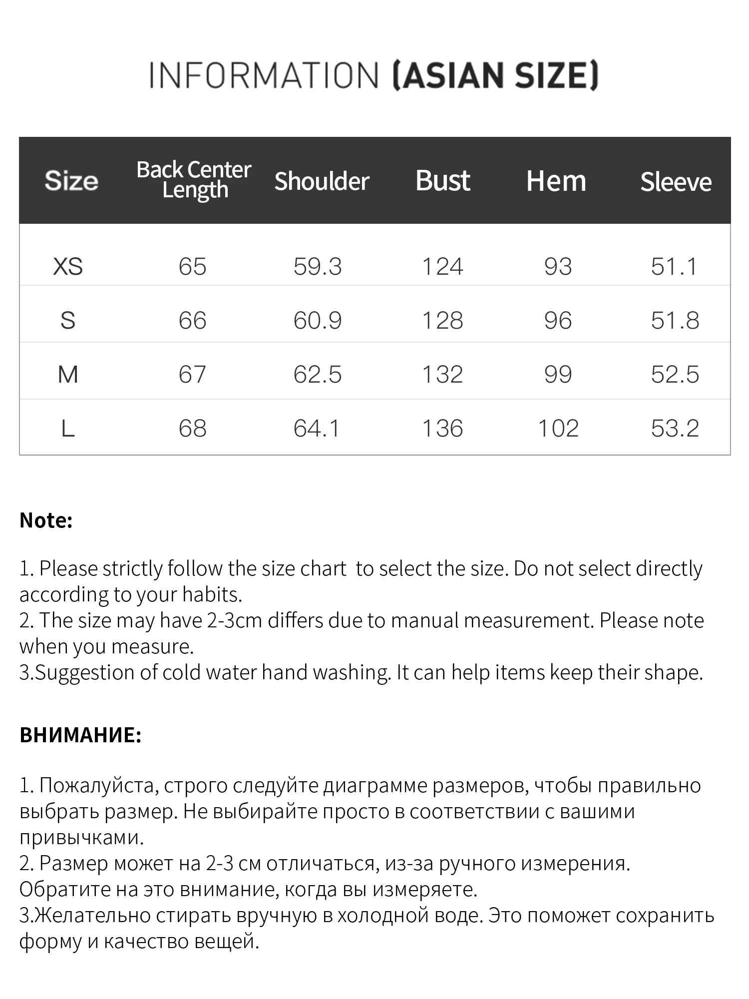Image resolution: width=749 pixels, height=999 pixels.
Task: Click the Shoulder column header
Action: pyautogui.click(x=322, y=181)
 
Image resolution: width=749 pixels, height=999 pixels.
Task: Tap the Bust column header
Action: pyautogui.click(x=443, y=180)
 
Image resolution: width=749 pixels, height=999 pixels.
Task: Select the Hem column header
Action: pyautogui.click(x=556, y=181)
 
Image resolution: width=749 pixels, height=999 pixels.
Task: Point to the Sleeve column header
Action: pyautogui.click(x=676, y=181)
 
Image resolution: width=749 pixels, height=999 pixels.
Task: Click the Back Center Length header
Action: pyautogui.click(x=194, y=180)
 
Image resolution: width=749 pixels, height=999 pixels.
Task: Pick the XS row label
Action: pyautogui.click(x=68, y=266)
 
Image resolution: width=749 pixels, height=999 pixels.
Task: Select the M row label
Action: pyautogui.click(x=68, y=374)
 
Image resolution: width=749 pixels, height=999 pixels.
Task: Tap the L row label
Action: pyautogui.click(x=68, y=428)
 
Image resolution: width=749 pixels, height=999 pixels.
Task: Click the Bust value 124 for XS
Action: pyautogui.click(x=443, y=266)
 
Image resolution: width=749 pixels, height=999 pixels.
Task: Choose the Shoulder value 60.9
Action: pyautogui.click(x=318, y=320)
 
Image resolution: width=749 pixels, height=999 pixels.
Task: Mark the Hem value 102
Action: pyautogui.click(x=558, y=428)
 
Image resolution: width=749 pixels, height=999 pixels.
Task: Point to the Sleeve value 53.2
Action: pyautogui.click(x=675, y=428)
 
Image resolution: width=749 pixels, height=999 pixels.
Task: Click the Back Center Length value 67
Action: pyautogui.click(x=192, y=374)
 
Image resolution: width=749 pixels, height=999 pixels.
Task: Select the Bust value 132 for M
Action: pyautogui.click(x=443, y=374)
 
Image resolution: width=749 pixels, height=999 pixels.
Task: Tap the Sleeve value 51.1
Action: pyautogui.click(x=674, y=266)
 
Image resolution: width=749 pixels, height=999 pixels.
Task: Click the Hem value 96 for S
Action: pyautogui.click(x=558, y=320)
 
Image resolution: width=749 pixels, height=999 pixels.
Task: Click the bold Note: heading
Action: pyautogui.click(x=46, y=520)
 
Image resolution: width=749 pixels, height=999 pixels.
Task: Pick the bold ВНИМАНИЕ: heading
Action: pyautogui.click(x=80, y=735)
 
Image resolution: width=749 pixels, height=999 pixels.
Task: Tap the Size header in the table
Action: pyautogui.click(x=71, y=180)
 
